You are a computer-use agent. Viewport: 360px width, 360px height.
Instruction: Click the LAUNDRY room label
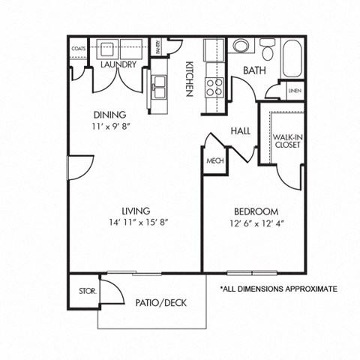118,65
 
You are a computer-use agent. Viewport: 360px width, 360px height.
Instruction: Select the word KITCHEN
190,77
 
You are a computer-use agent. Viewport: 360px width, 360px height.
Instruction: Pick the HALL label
240,130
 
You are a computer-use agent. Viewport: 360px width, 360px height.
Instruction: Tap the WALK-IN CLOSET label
288,140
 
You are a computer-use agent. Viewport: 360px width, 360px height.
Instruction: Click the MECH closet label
214,161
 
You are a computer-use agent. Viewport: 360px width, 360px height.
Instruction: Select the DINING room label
109,115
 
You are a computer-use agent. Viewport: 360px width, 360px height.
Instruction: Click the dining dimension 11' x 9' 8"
109,127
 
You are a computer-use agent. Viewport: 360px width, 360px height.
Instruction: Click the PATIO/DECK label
160,303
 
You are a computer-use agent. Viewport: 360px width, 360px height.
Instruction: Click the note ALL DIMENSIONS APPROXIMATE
277,289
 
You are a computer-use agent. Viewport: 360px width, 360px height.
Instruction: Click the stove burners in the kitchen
214,87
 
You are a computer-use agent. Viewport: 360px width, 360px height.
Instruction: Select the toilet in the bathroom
268,50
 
